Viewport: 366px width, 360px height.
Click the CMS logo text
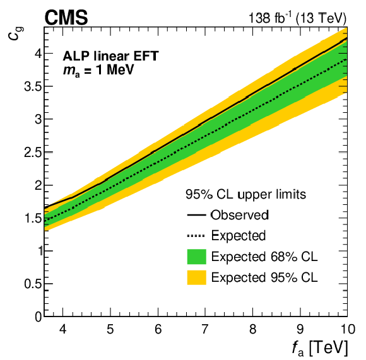(66, 18)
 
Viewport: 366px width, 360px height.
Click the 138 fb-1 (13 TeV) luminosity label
(297, 18)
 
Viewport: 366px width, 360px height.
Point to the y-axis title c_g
(15, 33)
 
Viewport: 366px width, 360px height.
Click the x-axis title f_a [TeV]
(320, 347)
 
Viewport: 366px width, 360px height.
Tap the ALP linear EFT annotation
(110, 56)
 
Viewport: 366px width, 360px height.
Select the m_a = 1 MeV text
(98, 69)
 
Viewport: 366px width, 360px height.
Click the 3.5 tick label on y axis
(32, 86)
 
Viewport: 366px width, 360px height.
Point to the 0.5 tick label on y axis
(32, 284)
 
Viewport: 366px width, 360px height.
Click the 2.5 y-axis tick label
(32, 152)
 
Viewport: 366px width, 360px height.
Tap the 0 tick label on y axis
(38, 316)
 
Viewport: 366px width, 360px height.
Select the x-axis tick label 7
(204, 329)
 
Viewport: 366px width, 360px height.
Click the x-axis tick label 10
(347, 329)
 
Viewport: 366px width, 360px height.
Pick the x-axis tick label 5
(110, 329)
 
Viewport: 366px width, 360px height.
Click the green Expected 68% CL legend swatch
(196, 257)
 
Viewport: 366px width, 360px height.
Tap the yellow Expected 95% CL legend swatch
(196, 277)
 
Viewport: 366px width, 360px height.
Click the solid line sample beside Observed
(196, 215)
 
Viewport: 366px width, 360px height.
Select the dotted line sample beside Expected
(196, 236)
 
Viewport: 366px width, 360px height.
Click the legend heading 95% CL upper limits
(245, 194)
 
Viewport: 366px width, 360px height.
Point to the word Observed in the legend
(240, 215)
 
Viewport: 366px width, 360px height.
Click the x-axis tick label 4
(63, 329)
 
